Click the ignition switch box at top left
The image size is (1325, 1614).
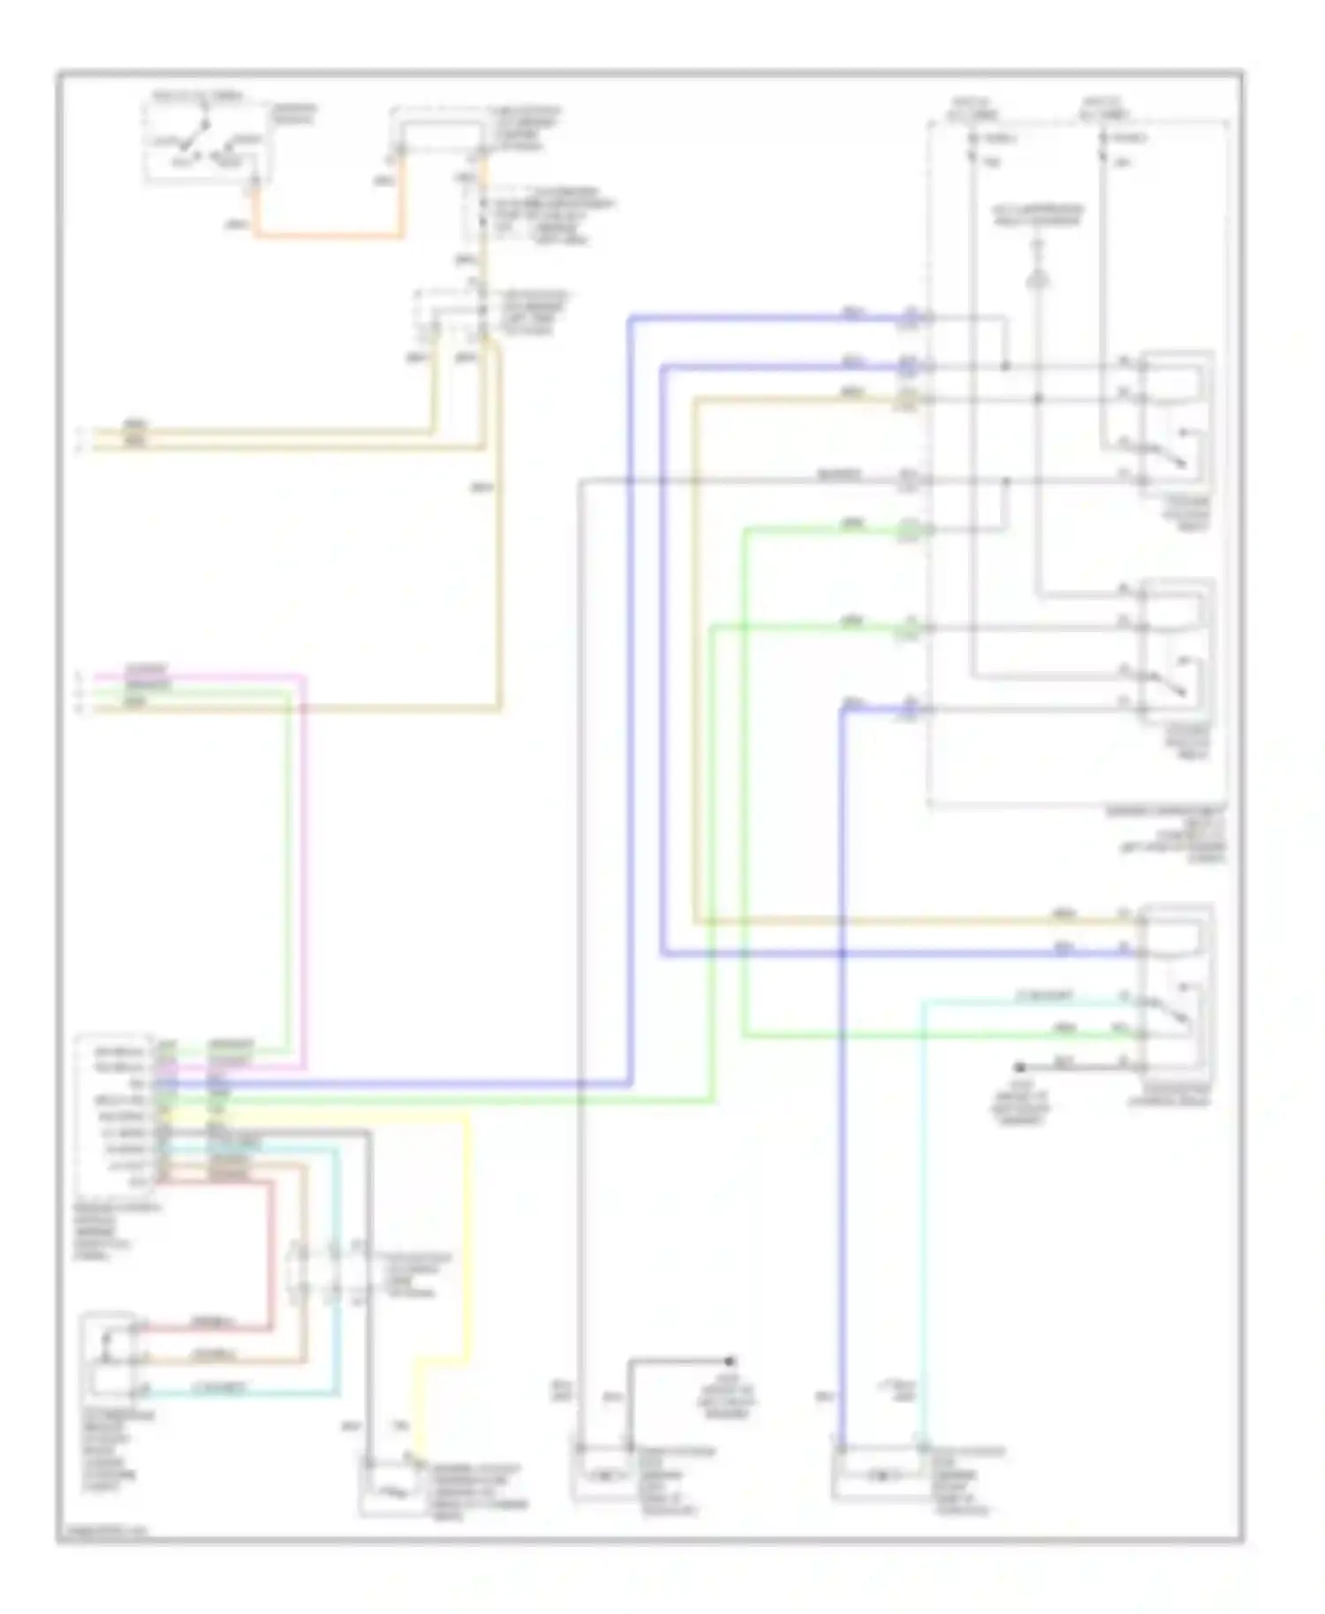point(208,143)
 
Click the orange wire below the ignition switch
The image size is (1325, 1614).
point(327,236)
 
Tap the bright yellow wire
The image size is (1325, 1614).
point(466,1236)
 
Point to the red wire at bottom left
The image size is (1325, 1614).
point(270,1254)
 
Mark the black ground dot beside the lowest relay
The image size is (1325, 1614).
point(1019,1067)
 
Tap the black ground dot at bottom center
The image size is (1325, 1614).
point(731,1361)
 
